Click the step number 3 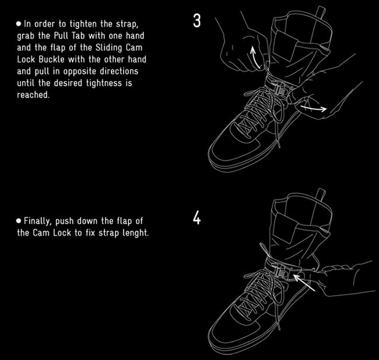click(196, 21)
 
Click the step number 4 click(196, 218)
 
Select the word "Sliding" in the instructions click(108, 48)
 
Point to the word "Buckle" click(51, 60)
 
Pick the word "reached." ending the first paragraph click(33, 95)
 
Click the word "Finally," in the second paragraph click(38, 221)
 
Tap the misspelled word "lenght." click(136, 233)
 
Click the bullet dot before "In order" click(19, 24)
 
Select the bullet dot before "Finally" click(19, 221)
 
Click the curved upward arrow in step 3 click(254, 58)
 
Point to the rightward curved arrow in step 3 click(314, 108)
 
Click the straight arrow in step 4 click(304, 282)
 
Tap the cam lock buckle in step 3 click(280, 89)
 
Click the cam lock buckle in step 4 click(280, 271)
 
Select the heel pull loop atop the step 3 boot click(321, 12)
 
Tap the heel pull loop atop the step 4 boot click(321, 194)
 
